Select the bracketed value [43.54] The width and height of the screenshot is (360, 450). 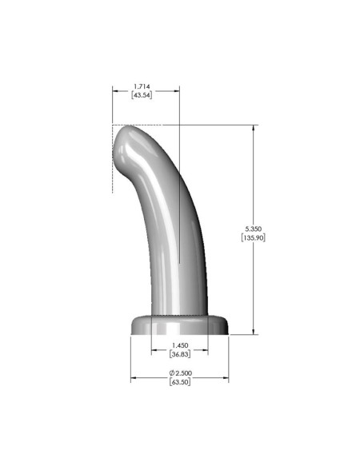[145, 94]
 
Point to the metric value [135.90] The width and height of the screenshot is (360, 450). [254, 237]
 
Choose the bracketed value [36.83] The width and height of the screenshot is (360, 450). [179, 354]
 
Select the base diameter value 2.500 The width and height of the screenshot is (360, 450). [183, 373]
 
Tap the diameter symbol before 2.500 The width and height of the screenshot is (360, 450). [171, 373]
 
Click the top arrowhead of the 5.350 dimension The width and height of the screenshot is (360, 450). [254, 128]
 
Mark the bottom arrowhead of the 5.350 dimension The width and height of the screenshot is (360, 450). [254, 331]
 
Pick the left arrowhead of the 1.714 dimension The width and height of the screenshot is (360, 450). [114, 90]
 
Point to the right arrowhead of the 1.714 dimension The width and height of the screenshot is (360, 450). [177, 90]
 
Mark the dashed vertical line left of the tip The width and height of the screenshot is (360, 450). [112, 160]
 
